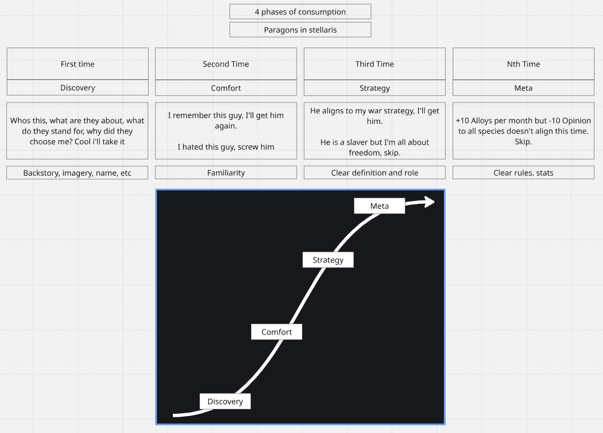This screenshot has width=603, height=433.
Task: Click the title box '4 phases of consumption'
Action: click(300, 12)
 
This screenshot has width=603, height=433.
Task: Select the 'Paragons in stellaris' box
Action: click(300, 30)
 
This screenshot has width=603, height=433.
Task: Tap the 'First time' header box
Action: click(78, 64)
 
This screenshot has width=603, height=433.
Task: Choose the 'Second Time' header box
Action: click(226, 64)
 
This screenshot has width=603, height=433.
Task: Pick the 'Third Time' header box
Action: click(374, 64)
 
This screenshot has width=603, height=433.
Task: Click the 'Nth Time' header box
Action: click(523, 64)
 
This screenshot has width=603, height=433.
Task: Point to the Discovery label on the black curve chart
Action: click(225, 401)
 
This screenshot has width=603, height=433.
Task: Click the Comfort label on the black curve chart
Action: click(276, 332)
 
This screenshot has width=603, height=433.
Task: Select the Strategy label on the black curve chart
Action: click(328, 260)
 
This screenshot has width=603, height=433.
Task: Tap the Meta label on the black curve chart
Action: click(379, 206)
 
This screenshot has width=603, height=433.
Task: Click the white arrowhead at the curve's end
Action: click(429, 202)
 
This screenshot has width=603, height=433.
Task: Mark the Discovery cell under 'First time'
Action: click(78, 88)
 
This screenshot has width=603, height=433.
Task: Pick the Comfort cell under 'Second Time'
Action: click(226, 88)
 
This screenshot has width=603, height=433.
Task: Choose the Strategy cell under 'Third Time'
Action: click(374, 88)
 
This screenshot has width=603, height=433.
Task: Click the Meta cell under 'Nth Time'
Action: click(523, 88)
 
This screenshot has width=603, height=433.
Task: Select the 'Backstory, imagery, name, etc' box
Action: click(78, 173)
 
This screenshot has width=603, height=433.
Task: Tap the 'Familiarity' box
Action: click(226, 173)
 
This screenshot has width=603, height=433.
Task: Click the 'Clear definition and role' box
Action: click(374, 173)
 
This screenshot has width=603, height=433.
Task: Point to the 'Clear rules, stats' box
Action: click(523, 173)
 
